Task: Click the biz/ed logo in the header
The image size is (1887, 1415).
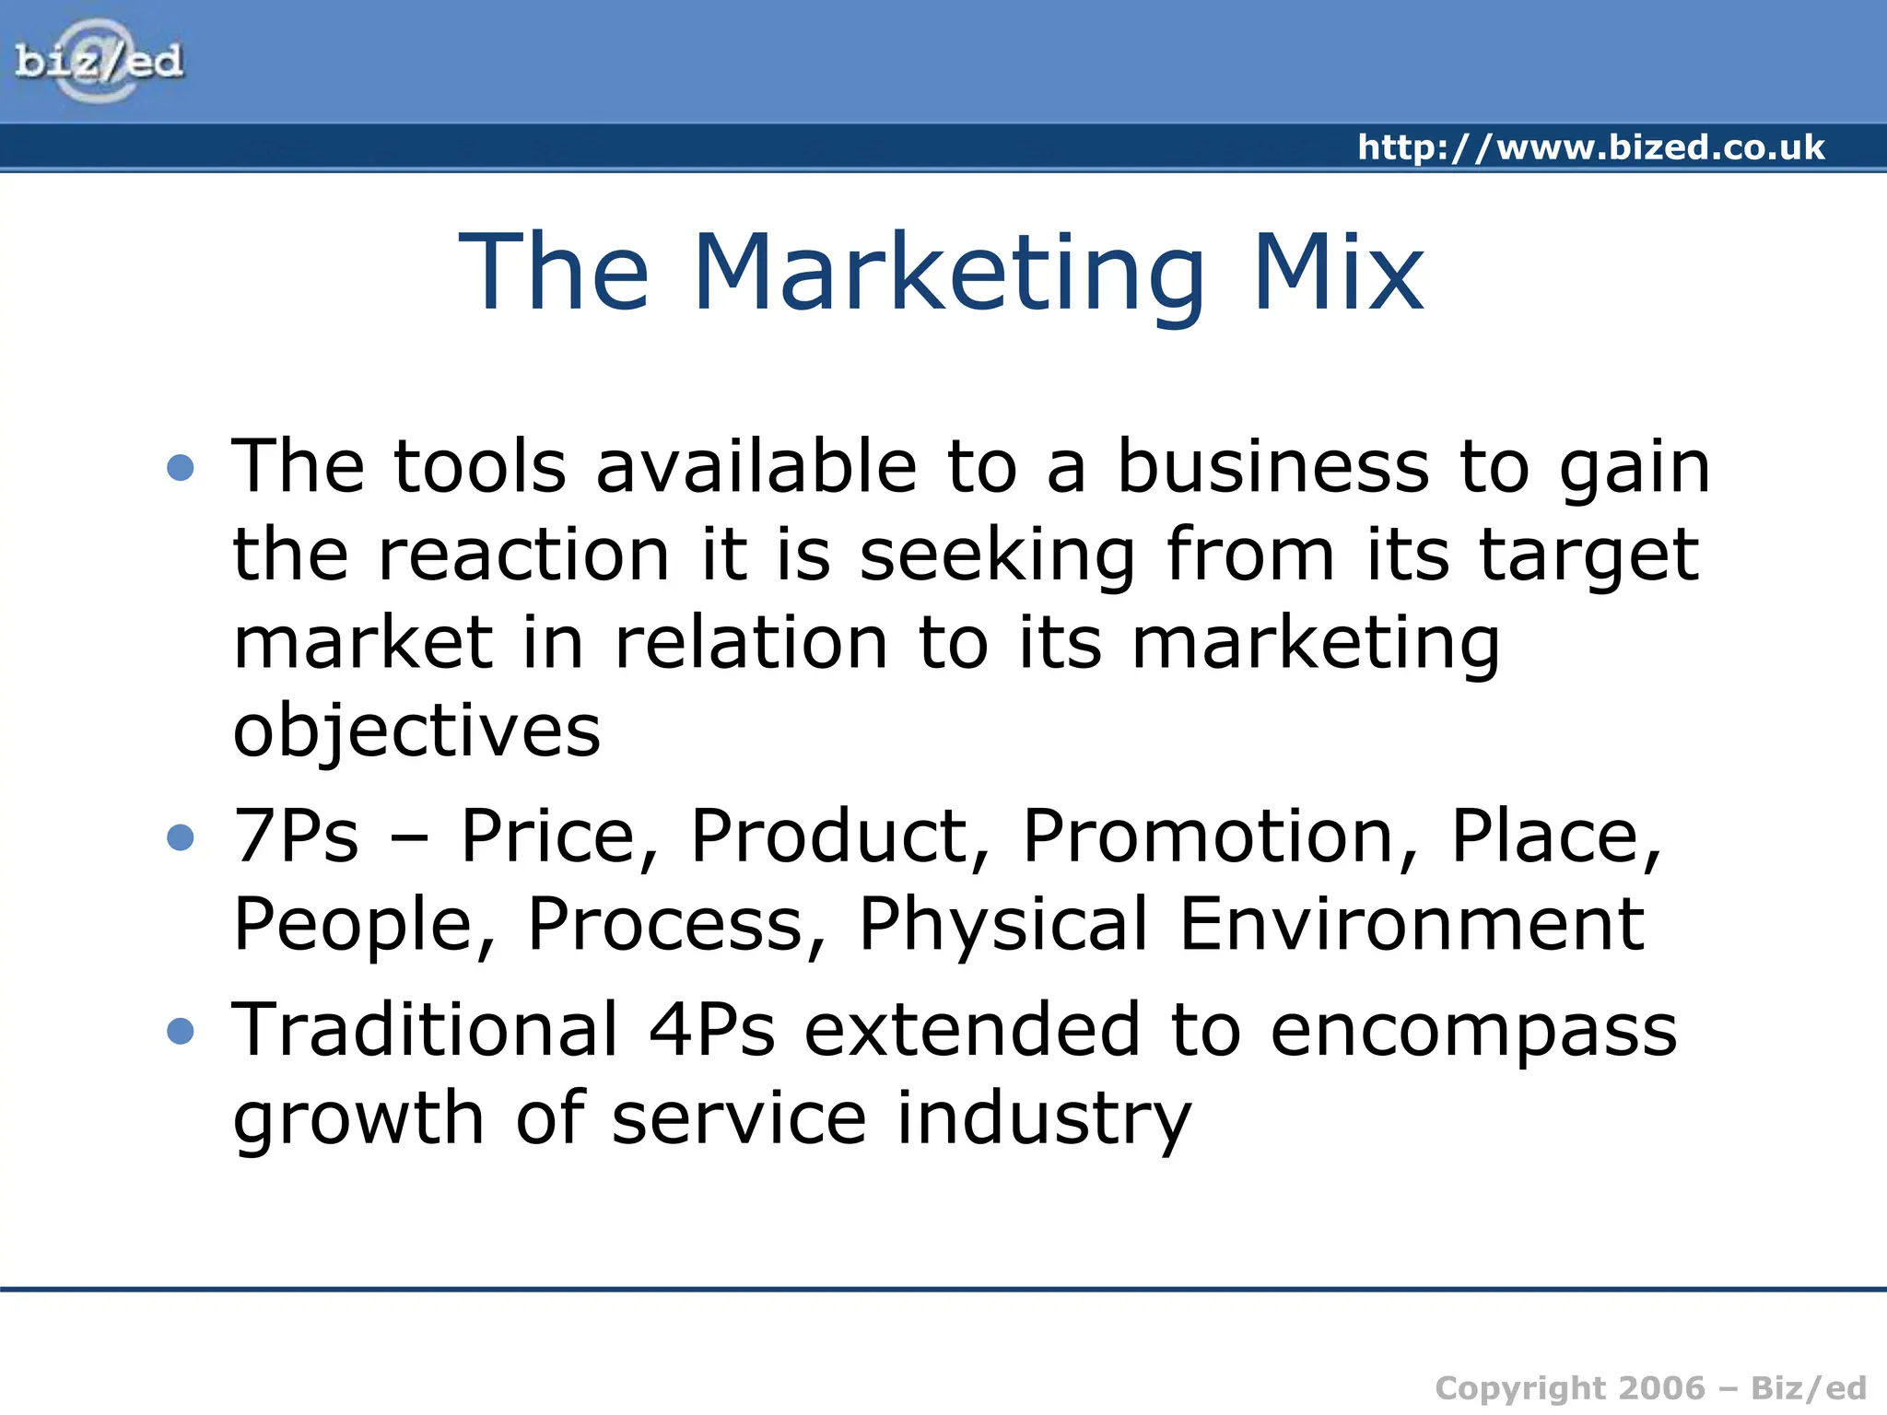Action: (99, 62)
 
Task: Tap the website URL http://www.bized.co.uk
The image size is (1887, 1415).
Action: (1590, 147)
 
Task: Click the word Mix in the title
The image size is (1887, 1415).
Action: (1338, 273)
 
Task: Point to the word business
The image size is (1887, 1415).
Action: (1273, 466)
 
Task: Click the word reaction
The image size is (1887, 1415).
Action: (524, 555)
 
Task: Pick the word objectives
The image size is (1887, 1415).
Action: (416, 731)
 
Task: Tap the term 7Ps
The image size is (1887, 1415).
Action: (296, 836)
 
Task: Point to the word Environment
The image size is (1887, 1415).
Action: (1412, 924)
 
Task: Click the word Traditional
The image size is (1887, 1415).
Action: (425, 1029)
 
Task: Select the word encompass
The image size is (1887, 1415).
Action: (1473, 1031)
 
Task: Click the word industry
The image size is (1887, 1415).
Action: (1044, 1118)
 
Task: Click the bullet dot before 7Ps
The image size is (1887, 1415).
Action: (181, 837)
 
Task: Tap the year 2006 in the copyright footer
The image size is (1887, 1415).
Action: (1661, 1387)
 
